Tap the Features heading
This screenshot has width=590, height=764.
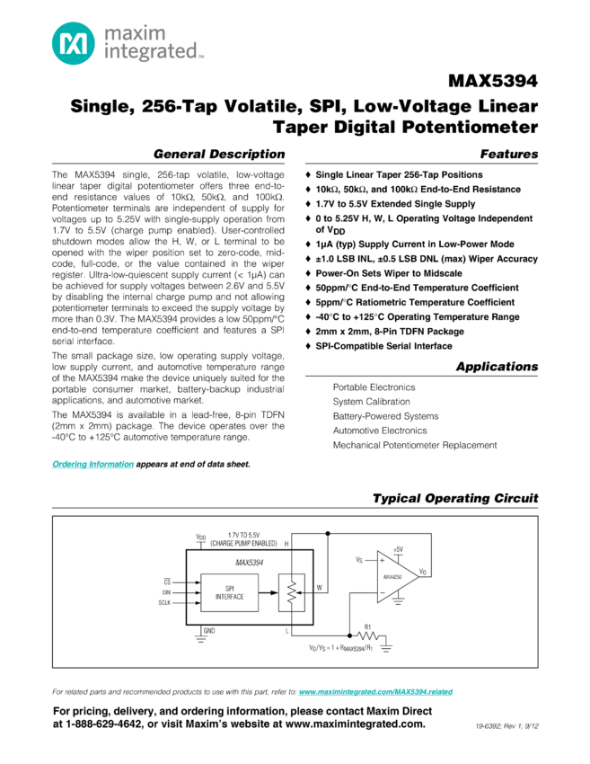(x=509, y=154)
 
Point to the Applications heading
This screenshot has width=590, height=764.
(x=497, y=366)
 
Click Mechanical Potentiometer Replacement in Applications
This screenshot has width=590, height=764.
(x=414, y=445)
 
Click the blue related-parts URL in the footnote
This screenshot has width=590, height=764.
(x=375, y=693)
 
